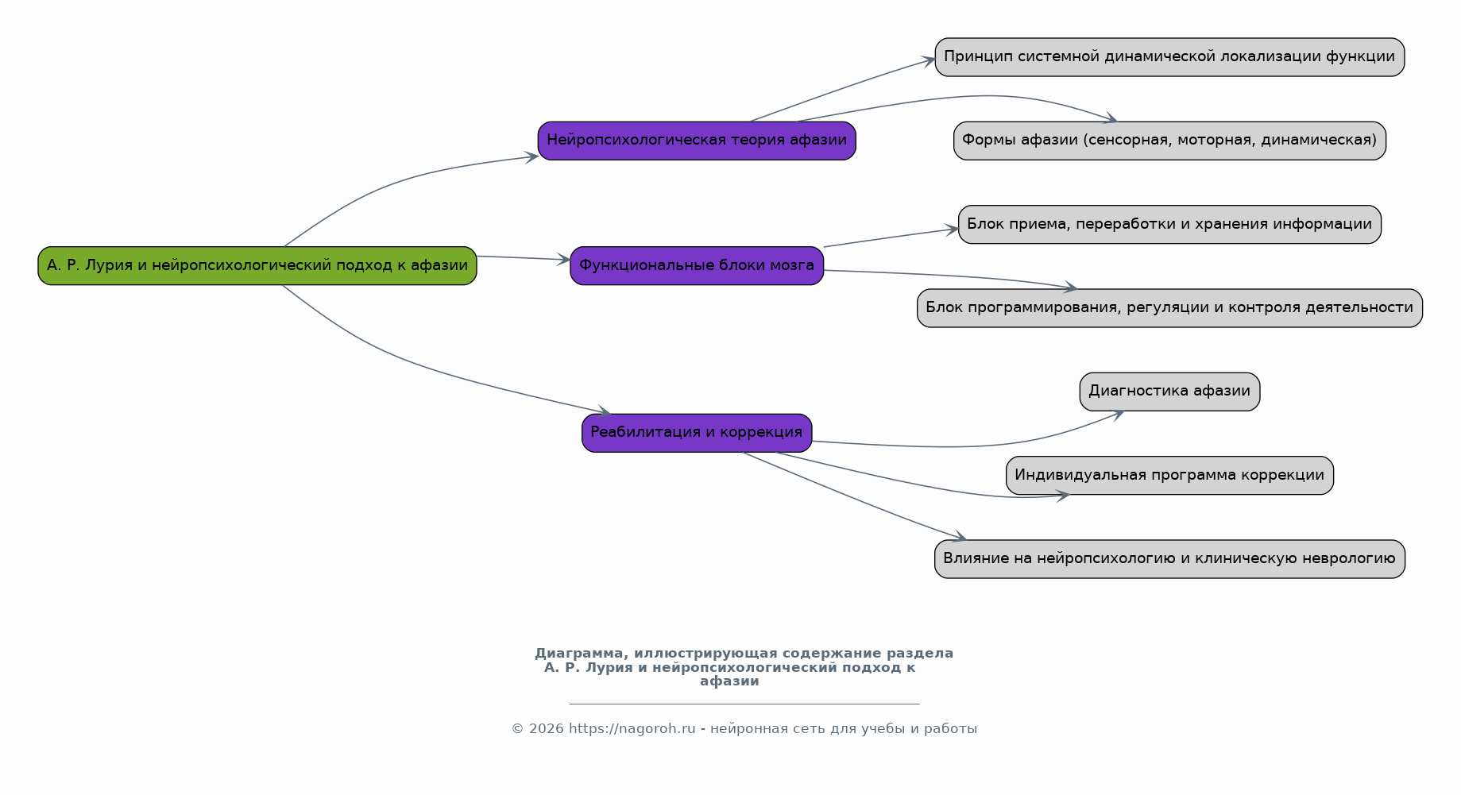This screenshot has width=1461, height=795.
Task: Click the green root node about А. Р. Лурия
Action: (257, 266)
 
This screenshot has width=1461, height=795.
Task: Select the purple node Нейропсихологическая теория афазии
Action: (697, 141)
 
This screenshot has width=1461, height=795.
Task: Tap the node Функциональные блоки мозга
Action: (697, 266)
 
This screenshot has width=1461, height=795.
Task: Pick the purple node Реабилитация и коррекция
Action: (697, 433)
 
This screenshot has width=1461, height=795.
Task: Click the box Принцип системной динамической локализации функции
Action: (1169, 57)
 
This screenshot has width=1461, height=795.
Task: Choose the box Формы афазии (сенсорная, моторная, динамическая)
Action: (1169, 141)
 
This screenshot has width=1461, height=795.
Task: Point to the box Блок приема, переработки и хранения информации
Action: (1169, 224)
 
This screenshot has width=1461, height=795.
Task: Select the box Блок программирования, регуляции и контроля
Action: (1169, 308)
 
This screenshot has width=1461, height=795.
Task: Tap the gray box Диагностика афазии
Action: (1169, 392)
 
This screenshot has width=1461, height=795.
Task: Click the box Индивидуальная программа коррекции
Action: (1169, 475)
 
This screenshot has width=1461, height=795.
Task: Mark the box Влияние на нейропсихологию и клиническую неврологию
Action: (1169, 559)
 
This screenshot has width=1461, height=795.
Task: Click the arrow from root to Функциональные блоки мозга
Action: (524, 258)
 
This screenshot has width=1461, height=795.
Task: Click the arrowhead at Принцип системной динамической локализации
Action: (928, 60)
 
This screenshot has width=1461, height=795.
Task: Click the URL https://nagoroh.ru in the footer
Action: (632, 729)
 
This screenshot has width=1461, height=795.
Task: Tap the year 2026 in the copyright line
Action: (546, 729)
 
